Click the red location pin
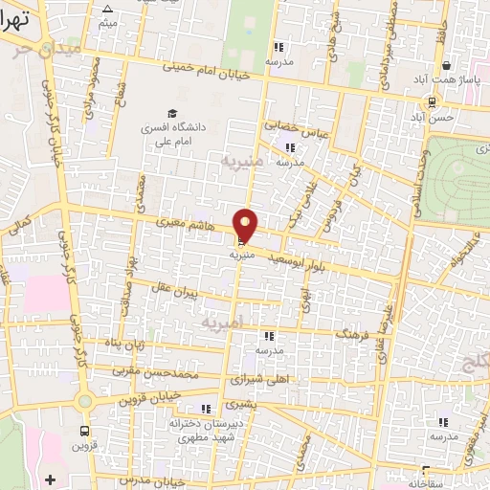(x=246, y=227)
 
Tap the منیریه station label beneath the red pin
(x=241, y=256)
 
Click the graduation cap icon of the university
(x=172, y=113)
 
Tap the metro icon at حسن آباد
(x=433, y=101)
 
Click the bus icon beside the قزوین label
(x=84, y=432)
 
